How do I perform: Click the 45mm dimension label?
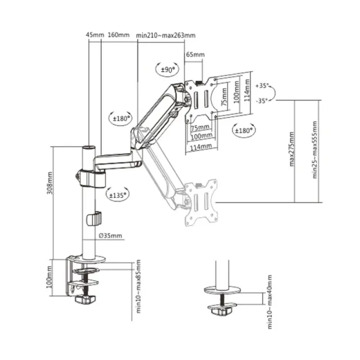[x=95, y=35]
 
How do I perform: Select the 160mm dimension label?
[x=119, y=35]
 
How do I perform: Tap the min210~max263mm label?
[x=166, y=35]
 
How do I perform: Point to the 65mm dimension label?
[x=195, y=55]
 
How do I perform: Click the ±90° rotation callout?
[x=168, y=69]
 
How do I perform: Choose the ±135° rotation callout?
[x=118, y=195]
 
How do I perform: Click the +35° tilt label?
[x=262, y=85]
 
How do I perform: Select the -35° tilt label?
[x=262, y=101]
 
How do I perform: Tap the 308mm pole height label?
[x=50, y=183]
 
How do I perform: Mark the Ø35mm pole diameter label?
[x=110, y=236]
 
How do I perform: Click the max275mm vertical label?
[x=291, y=149]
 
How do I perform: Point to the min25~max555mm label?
[x=314, y=150]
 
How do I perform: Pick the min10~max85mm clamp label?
[x=138, y=286]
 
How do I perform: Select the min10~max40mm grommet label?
[x=269, y=302]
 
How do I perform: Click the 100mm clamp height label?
[x=49, y=277]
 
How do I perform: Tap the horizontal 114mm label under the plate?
[x=201, y=146]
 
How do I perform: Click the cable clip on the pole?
[x=94, y=219]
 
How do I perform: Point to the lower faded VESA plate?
[x=201, y=202]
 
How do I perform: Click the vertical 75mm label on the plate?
[x=224, y=97]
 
